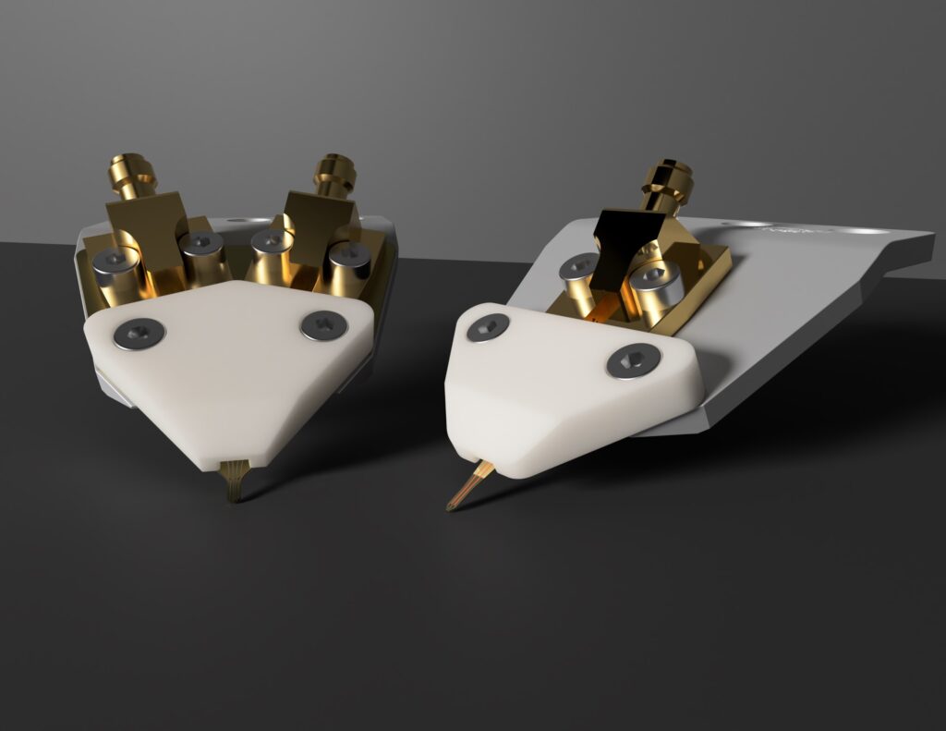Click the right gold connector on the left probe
click(x=334, y=176)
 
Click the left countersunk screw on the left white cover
click(x=139, y=333)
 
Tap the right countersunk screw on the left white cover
click(x=323, y=324)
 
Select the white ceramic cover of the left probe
click(x=231, y=379)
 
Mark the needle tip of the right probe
click(x=452, y=506)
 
